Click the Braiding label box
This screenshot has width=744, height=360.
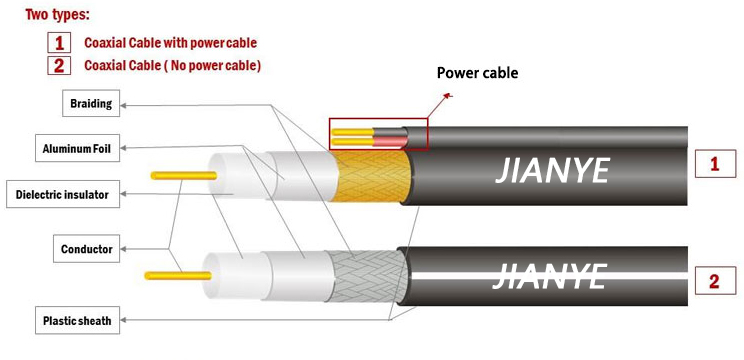click(91, 103)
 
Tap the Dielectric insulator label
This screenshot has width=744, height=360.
click(62, 193)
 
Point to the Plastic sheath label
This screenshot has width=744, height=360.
click(76, 321)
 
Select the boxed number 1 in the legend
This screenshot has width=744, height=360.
click(59, 42)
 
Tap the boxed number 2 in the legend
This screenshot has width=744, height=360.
click(59, 66)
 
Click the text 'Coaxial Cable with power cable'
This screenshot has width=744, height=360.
click(170, 43)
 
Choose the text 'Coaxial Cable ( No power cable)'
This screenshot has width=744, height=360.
click(172, 66)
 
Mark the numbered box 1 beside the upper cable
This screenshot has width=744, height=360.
click(714, 164)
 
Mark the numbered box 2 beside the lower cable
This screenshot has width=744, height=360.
click(714, 280)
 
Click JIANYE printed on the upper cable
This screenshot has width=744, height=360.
click(552, 171)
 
